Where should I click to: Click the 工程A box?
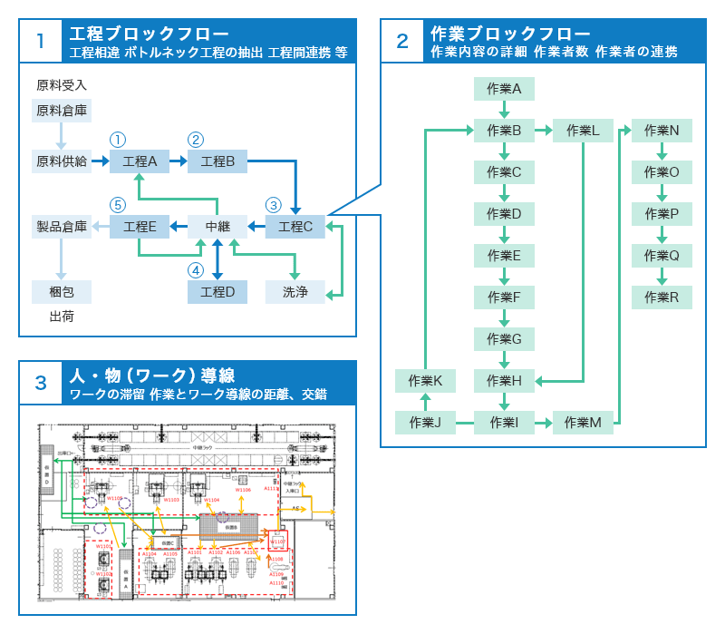click(140, 161)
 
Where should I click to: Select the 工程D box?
click(217, 292)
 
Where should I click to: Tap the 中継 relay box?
click(217, 227)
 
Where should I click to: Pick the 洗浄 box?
click(295, 292)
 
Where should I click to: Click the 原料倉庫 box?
click(62, 111)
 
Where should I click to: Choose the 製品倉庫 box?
click(62, 227)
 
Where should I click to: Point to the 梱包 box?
click(62, 292)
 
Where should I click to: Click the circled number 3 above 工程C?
click(275, 205)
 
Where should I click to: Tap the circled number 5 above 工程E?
click(117, 205)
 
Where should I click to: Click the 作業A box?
click(504, 89)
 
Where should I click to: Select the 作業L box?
click(583, 131)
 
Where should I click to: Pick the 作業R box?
click(662, 297)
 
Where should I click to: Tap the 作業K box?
click(425, 380)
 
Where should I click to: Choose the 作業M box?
click(583, 422)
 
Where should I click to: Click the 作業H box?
click(504, 380)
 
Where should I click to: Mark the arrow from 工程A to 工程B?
click(179, 161)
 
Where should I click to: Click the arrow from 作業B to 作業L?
click(544, 131)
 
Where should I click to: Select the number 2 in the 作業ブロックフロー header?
click(402, 40)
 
